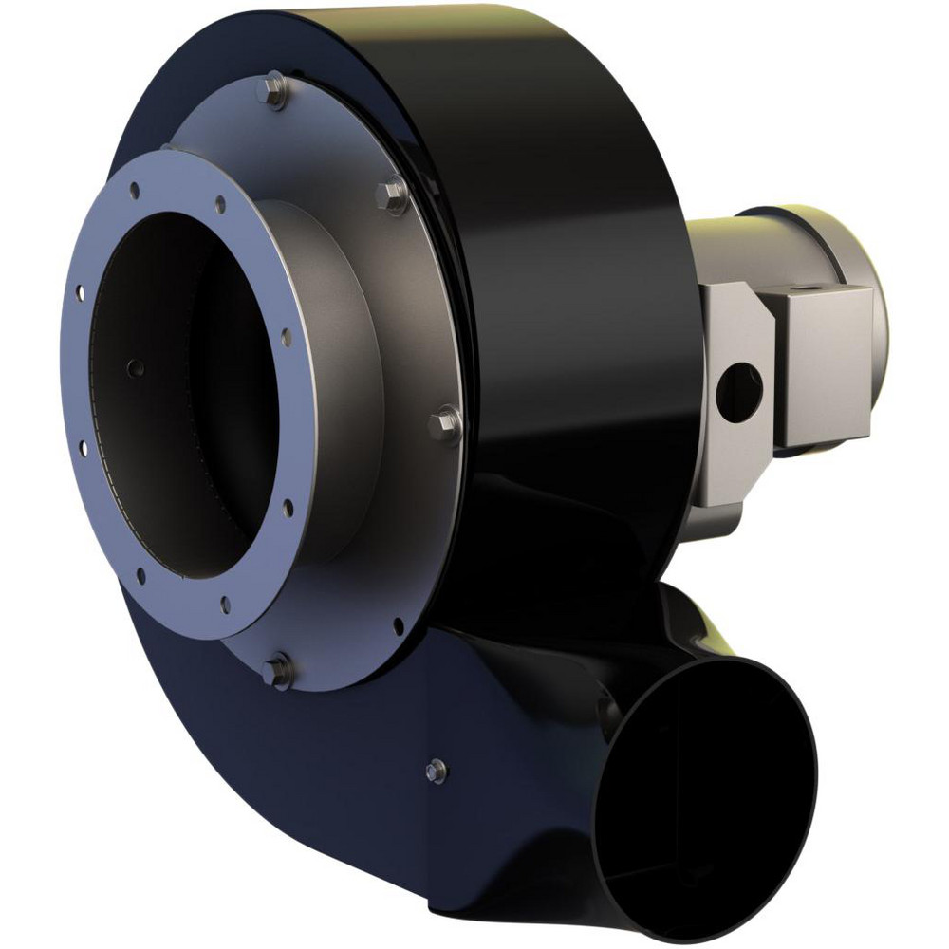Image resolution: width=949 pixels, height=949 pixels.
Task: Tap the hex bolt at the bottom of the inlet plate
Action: coord(277,670)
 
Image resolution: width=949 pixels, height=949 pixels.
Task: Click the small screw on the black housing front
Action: coord(436,771)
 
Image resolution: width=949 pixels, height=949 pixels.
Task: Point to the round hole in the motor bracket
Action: coord(739,389)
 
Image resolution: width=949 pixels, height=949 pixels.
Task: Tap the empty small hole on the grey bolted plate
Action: coord(398,625)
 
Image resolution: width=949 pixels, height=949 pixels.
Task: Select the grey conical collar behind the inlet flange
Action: coord(332,380)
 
